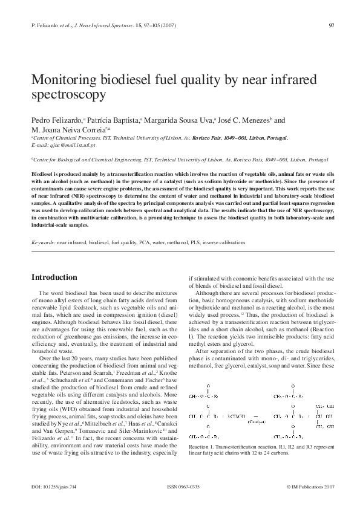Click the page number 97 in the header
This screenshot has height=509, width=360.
click(332, 25)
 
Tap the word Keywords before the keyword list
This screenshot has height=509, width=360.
click(42, 242)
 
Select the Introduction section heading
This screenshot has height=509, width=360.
click(54, 277)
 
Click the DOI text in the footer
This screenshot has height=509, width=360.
click(53, 486)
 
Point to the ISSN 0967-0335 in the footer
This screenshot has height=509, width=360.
click(182, 486)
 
